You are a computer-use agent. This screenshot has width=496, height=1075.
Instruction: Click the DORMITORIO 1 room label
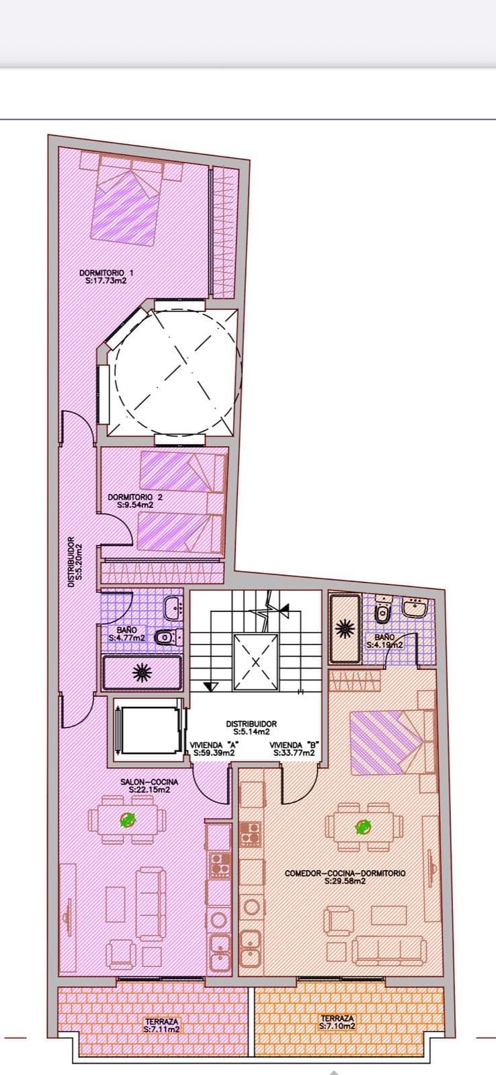tap(107, 273)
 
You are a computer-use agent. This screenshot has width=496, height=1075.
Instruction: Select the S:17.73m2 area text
tap(107, 282)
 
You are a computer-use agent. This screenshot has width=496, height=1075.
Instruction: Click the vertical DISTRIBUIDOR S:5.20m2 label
tap(75, 562)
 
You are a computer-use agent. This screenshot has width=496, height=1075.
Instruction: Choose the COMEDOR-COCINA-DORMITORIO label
tap(345, 873)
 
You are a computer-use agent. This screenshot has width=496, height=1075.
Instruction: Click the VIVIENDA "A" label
tap(211, 745)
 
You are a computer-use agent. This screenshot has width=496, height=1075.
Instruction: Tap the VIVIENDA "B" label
tap(294, 745)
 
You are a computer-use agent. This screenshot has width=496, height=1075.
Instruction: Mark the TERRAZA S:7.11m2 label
tap(161, 1025)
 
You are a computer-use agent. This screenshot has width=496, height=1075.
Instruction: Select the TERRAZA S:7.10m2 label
tap(337, 1023)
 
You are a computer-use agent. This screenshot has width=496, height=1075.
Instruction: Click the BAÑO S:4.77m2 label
tap(127, 634)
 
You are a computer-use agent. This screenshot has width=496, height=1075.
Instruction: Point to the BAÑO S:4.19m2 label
tap(384, 640)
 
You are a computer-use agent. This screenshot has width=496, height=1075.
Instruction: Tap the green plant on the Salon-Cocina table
tap(127, 819)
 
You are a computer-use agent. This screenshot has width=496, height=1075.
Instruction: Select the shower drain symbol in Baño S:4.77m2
tap(142, 673)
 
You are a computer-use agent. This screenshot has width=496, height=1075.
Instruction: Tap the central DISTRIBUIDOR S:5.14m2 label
tap(251, 728)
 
